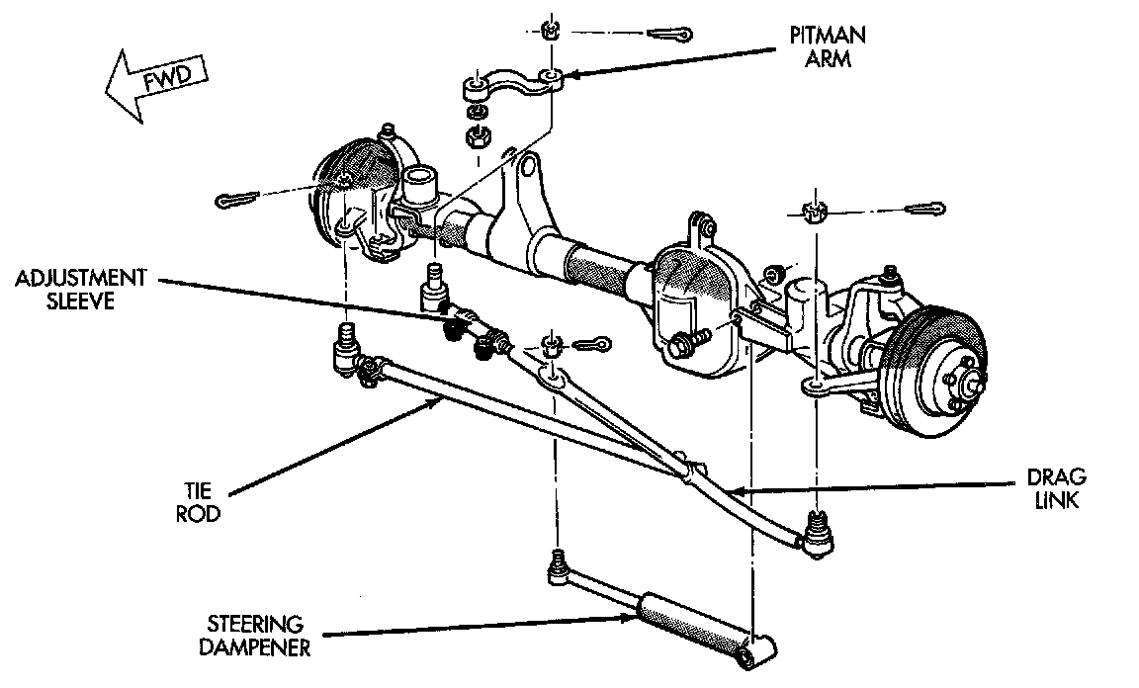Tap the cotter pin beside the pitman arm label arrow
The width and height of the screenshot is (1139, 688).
676,36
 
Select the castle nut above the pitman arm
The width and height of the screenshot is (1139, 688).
552,29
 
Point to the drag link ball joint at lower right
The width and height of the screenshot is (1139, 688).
817,534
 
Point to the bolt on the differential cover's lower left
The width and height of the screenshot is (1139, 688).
681,347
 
